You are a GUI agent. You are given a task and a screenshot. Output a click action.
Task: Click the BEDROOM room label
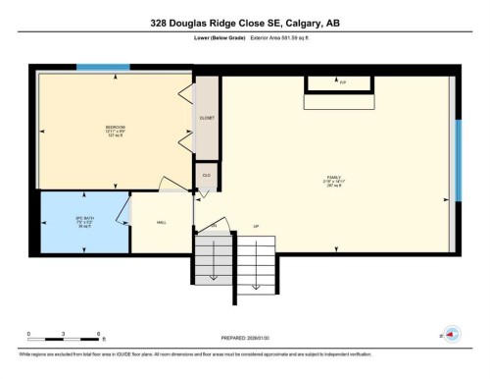115,127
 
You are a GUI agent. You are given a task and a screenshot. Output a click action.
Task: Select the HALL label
161,222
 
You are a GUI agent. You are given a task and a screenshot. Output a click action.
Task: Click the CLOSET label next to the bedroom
207,118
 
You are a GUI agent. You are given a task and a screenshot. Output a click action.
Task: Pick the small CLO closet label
207,176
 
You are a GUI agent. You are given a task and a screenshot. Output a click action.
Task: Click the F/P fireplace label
342,82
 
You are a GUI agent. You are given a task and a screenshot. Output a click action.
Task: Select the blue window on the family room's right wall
456,159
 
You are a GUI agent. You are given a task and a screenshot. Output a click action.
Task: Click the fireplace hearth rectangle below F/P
338,101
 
